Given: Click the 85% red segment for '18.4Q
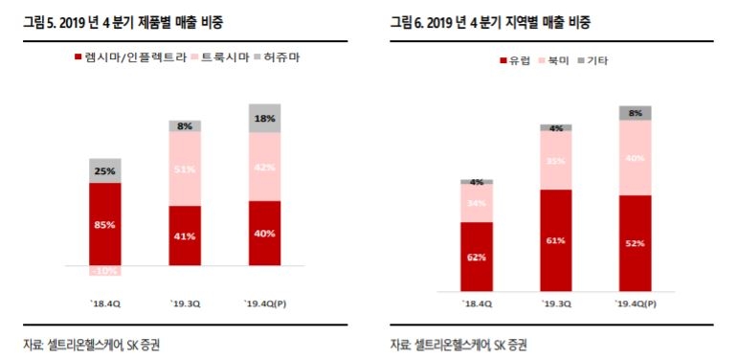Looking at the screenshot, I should pos(105,224).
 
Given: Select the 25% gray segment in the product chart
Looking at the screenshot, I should pos(105,170).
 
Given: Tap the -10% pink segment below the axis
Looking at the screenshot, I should pos(105,271).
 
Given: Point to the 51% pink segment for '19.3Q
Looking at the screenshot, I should pos(185,169).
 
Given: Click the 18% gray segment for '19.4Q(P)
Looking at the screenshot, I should pos(265,118).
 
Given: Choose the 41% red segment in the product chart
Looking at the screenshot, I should pos(185,236).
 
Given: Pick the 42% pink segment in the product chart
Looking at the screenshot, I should pos(265,167).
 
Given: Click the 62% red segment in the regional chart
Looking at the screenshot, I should pos(476,256).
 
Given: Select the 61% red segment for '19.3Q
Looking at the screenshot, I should pos(555,239).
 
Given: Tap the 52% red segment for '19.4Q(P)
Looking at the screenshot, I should pos(636,242).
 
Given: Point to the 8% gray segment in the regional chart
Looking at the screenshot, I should pos(636,112).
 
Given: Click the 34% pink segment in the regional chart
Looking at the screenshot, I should pos(476,203).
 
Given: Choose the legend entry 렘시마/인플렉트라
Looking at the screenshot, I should pos(129,57).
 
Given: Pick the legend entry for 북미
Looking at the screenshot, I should pos(562,60).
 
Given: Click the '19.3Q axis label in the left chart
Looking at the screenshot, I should pos(185,304).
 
